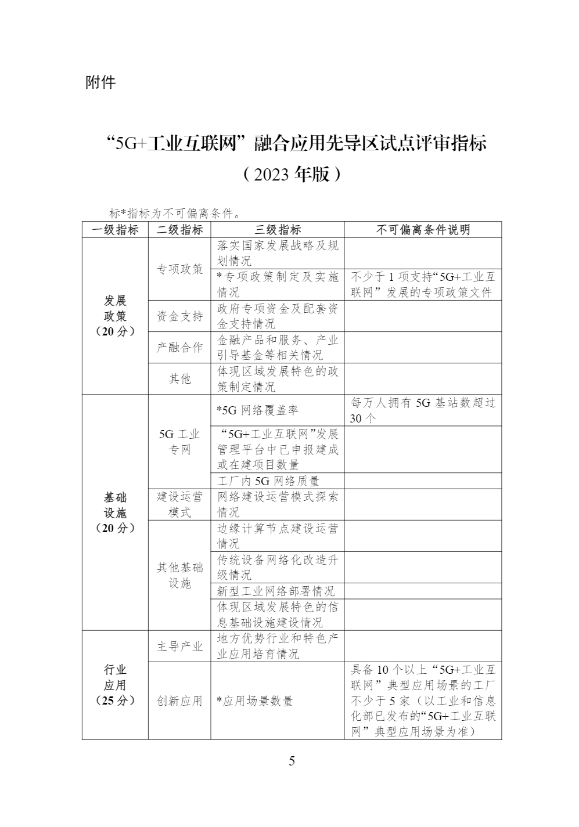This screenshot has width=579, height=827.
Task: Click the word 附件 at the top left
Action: click(x=100, y=82)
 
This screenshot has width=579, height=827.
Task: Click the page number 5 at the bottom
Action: click(x=292, y=761)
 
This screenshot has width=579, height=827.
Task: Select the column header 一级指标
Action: click(x=115, y=230)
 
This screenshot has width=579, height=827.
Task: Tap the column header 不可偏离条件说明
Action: click(x=423, y=230)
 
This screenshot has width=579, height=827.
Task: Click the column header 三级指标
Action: click(x=277, y=230)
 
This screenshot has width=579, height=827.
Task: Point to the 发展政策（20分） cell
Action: click(x=115, y=316)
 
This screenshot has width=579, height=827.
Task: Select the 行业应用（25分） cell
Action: click(x=115, y=685)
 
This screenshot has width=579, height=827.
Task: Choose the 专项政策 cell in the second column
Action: click(x=179, y=269)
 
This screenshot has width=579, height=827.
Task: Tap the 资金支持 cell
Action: click(x=179, y=316)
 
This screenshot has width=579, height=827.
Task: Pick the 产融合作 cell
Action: click(x=179, y=348)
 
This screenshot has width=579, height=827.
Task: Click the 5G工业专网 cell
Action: click(x=179, y=442)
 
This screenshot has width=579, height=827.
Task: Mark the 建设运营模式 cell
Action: click(x=179, y=504)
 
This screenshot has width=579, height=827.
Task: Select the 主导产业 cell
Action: click(x=179, y=647)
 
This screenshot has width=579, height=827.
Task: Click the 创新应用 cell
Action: click(x=179, y=701)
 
